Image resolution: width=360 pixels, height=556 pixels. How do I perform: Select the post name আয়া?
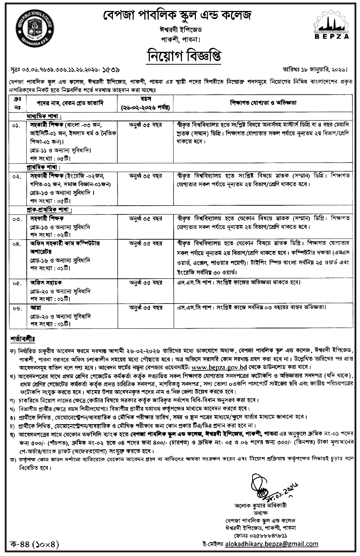point(36,307)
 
